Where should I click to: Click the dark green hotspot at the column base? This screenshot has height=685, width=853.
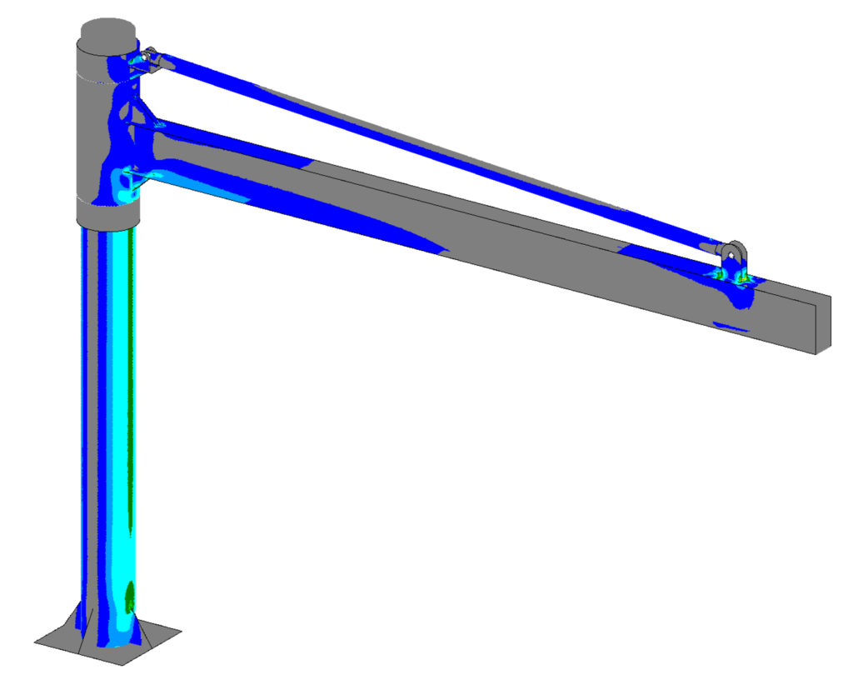tap(130, 595)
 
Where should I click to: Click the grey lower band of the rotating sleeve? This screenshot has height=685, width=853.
tap(107, 215)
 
